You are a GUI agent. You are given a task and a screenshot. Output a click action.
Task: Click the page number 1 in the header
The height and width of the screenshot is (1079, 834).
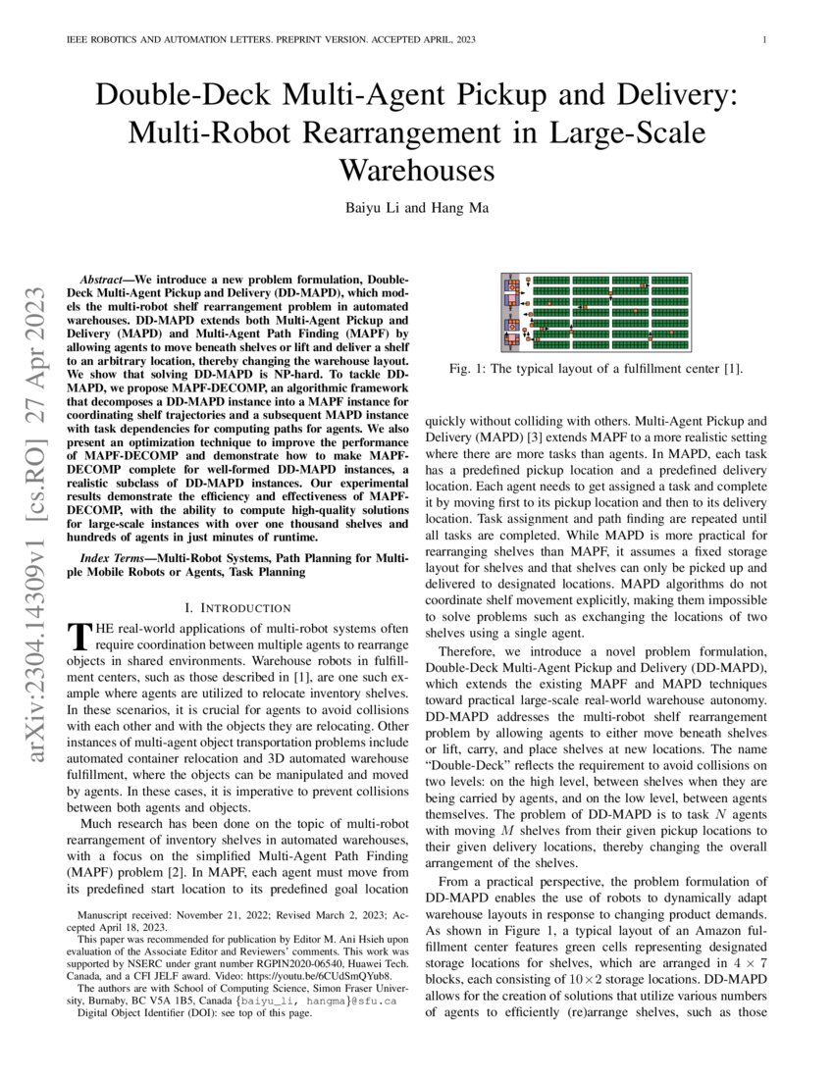(x=762, y=40)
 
